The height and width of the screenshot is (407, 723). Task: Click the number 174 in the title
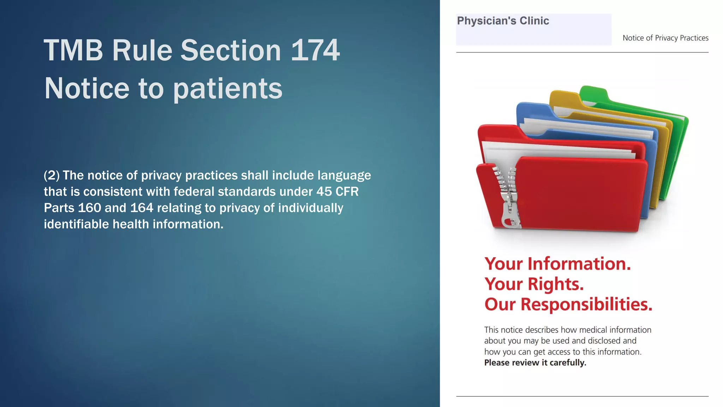pos(315,51)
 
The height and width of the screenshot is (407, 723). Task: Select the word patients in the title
pos(228,89)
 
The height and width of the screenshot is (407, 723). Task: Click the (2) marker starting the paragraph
pos(52,175)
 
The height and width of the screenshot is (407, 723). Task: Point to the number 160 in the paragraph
pos(89,208)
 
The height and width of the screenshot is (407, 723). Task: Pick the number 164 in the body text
pos(142,208)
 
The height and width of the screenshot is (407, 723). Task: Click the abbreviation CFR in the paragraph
pos(347,191)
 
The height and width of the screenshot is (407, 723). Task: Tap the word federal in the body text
pos(194,191)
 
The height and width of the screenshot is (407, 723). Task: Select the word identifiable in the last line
pos(76,224)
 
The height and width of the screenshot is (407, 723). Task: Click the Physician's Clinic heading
pos(503,21)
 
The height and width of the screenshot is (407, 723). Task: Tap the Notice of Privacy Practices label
pos(665,38)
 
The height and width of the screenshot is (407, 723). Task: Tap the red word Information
pos(579,264)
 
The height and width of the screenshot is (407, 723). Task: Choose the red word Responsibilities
pos(586,304)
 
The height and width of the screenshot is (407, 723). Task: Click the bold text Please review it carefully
pos(535,363)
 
